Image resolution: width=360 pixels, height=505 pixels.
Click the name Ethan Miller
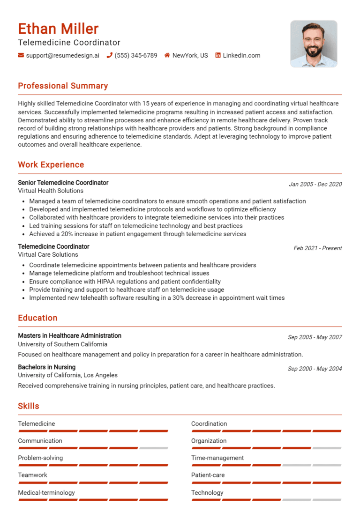coord(59,29)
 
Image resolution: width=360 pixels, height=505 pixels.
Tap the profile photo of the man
coord(314,44)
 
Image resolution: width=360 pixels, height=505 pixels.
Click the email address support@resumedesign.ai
coord(62,55)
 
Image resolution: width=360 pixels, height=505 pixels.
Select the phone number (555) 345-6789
coord(136,55)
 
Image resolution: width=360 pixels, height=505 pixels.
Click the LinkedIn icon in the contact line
coord(218,55)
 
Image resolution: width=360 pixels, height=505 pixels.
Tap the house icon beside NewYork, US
coord(167,55)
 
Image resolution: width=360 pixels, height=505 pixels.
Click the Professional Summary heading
coord(63,86)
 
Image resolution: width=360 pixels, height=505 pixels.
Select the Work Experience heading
coord(51,164)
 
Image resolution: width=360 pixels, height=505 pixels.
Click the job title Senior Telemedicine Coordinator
coord(63,183)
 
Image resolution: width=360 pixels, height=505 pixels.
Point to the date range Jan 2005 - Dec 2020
coord(315,184)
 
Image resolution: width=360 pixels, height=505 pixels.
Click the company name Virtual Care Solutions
coord(48,254)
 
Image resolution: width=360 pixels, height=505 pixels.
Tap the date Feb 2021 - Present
coord(317,248)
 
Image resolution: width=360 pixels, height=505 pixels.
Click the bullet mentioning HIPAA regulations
coord(125,282)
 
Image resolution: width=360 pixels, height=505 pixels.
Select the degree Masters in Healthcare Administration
coord(69,335)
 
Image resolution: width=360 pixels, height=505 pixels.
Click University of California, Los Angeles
coord(67,375)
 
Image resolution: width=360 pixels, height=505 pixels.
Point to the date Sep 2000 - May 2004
coord(315,369)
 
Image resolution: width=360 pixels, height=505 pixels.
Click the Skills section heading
coord(29,406)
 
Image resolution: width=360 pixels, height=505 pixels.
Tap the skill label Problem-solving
coord(40,458)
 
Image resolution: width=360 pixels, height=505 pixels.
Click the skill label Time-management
coord(217,458)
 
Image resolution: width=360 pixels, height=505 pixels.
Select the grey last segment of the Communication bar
coord(153,448)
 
